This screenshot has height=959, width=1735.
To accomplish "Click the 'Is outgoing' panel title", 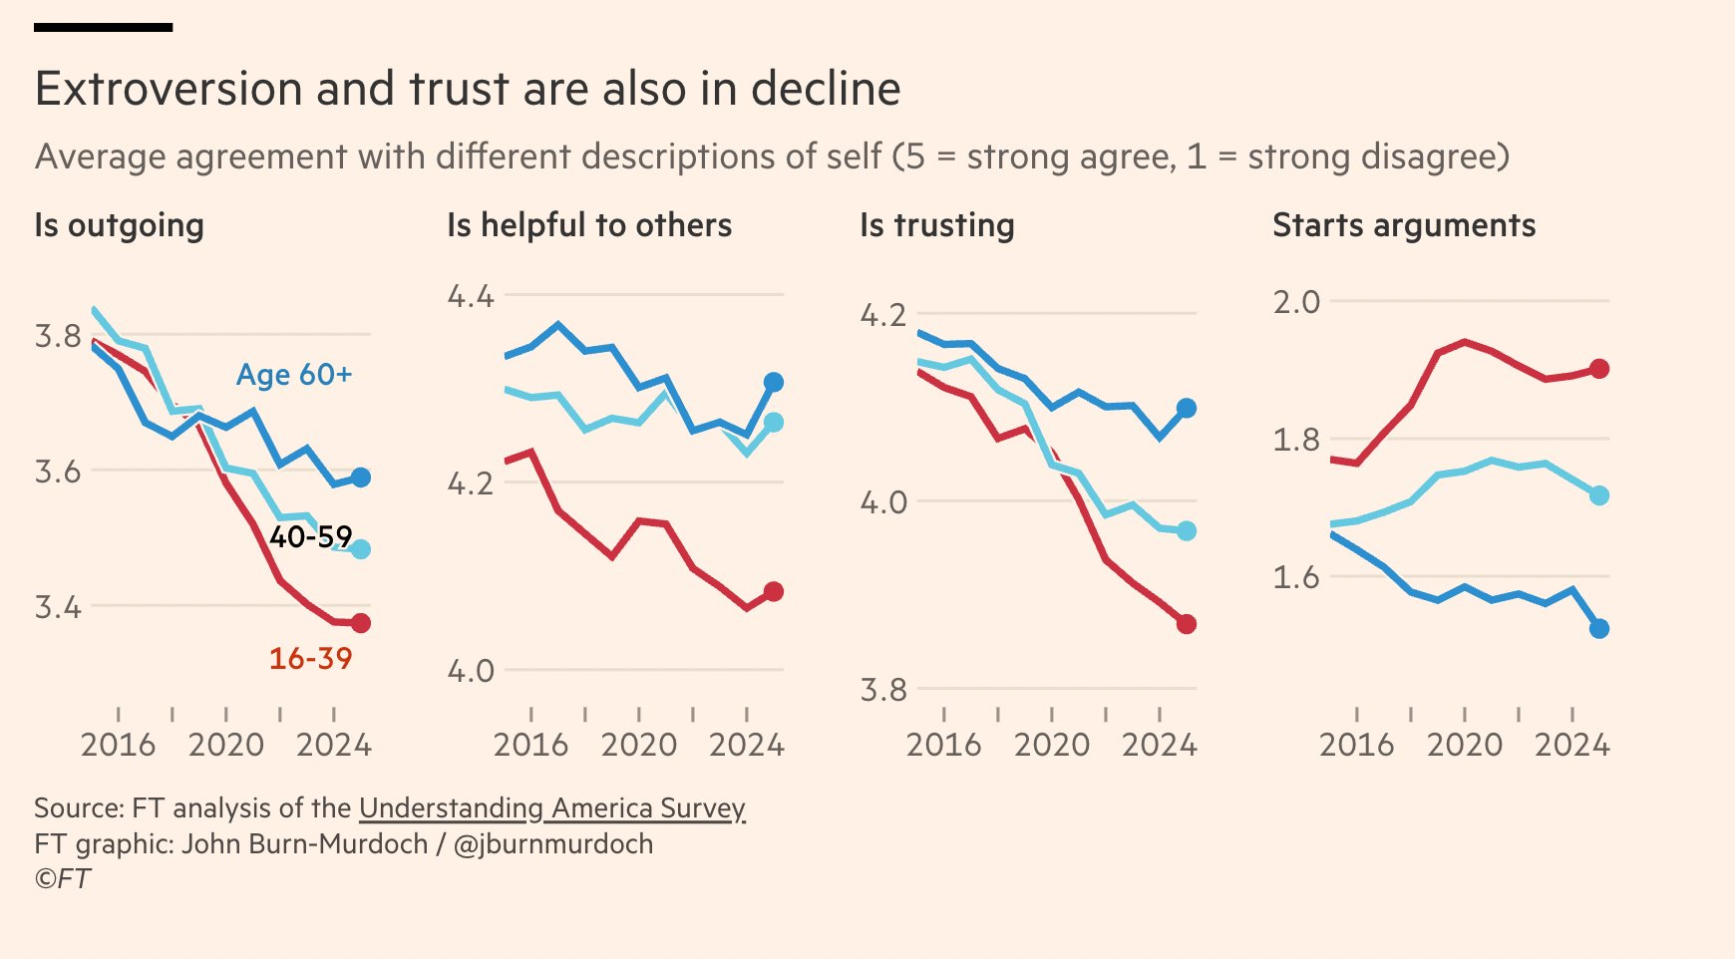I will coord(119,225).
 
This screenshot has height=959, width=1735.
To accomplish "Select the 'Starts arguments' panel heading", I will coord(1403,225).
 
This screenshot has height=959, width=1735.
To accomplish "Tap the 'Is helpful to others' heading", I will coord(588,225).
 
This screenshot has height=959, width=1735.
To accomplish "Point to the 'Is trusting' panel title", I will coord(936,225).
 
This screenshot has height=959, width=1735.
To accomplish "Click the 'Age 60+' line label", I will coord(294,375).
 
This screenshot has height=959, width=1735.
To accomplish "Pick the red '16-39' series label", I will coord(310,658).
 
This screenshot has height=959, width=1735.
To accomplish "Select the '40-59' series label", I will coord(310,537).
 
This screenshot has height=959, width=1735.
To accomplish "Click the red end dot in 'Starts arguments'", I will coord(1599,369).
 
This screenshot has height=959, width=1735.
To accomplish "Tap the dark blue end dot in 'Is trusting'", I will coord(1187,408).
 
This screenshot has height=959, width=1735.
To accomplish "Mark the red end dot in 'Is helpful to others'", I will coord(774,592).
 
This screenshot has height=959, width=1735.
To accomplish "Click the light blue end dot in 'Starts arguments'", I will coord(1599,495).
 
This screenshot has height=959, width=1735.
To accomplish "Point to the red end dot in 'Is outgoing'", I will coord(361,623).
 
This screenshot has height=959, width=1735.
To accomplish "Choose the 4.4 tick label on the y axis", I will coord(470,296).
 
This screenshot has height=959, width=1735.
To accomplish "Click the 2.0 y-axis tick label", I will coord(1295,302).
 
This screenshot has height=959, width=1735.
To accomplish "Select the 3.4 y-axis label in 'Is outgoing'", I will coord(58,606).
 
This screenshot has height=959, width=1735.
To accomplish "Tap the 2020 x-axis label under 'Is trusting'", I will coord(1051,745).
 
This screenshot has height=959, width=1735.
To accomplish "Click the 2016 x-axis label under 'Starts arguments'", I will coord(1356,745).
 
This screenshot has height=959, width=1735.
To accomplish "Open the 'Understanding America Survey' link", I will coord(551,807).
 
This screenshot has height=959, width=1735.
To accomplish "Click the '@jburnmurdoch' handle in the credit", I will coord(553,844).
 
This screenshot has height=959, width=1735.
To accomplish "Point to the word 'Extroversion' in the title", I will coord(169,89).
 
